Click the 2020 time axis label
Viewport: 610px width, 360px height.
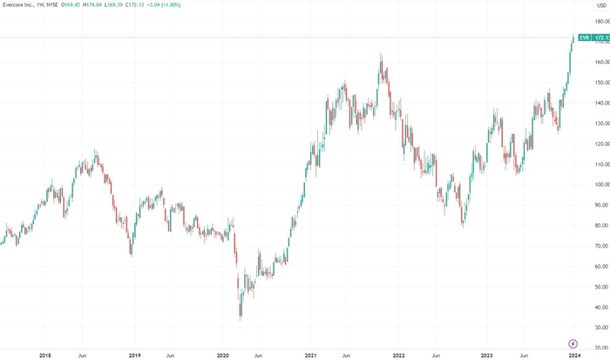[x=222, y=355]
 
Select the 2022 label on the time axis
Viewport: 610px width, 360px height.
[x=399, y=355]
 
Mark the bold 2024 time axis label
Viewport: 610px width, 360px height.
[x=574, y=355]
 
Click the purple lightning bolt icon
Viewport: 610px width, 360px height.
[x=573, y=343]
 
